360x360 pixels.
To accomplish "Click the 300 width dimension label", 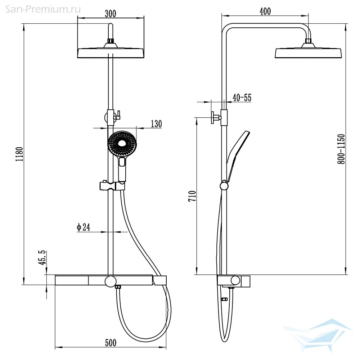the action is coord(111,14).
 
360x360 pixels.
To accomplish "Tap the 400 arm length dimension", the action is coord(265,11).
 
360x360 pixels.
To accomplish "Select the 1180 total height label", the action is coord(19,154).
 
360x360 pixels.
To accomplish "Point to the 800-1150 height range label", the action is coord(341,149).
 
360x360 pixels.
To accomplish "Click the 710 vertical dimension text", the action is coord(192,196).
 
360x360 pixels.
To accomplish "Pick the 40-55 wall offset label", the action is coord(242,98).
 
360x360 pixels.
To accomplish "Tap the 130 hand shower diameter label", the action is coord(156,124).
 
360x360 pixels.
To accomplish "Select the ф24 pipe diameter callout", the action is coord(84,227).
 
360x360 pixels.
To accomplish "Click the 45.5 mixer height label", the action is coord(42,258).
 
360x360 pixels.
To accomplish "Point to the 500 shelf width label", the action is coord(111,343).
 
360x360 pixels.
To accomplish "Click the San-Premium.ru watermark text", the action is coord(43,9).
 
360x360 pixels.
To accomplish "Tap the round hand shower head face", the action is coord(122,144).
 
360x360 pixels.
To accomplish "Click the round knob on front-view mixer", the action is coord(111,282).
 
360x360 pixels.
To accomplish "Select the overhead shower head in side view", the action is coord(309,50).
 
